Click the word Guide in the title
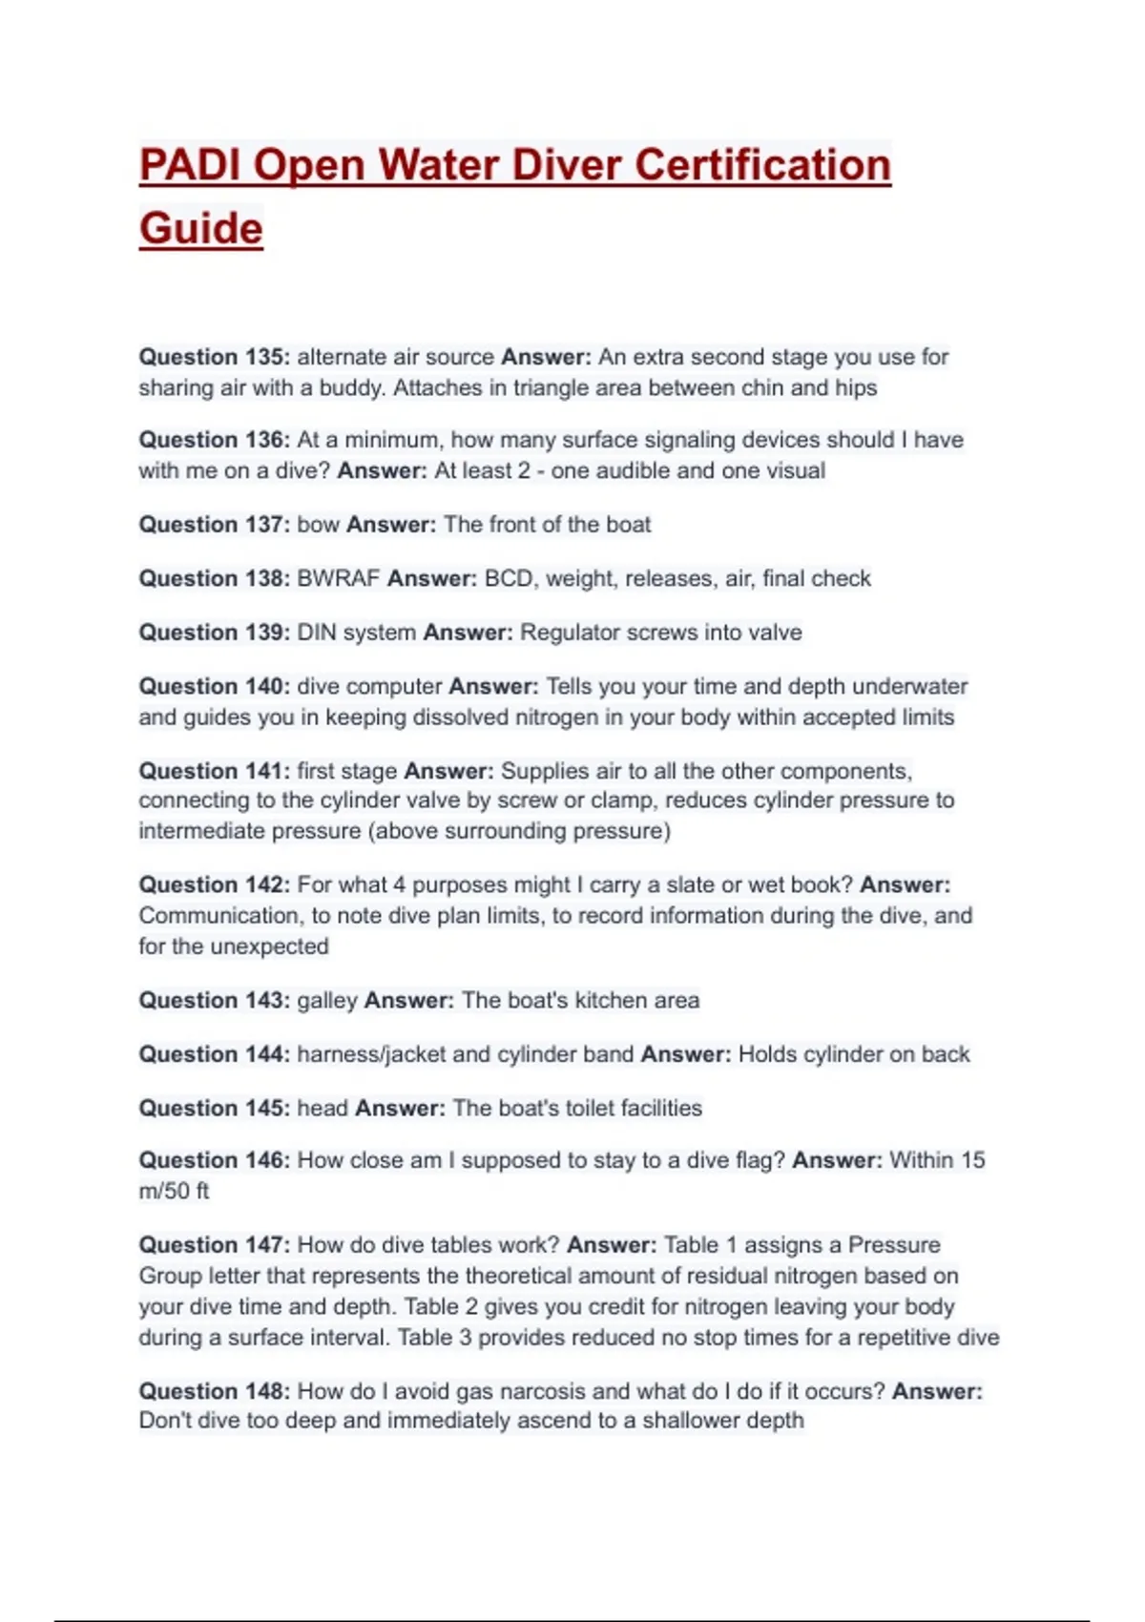tap(201, 229)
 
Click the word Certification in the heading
tap(762, 165)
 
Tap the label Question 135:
tap(214, 357)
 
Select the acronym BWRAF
tap(339, 578)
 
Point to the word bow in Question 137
tap(318, 525)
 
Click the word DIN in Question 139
tap(316, 633)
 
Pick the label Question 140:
tap(214, 687)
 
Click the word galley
tap(327, 1001)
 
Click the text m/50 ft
tap(174, 1192)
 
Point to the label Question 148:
tap(214, 1391)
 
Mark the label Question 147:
tap(214, 1245)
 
